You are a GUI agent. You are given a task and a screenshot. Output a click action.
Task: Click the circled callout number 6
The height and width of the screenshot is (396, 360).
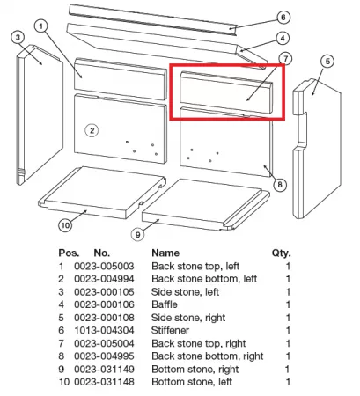tap(283, 18)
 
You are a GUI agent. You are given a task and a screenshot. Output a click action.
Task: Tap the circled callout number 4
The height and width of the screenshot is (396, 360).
tap(283, 38)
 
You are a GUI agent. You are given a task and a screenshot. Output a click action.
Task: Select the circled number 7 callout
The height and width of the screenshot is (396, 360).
tap(285, 59)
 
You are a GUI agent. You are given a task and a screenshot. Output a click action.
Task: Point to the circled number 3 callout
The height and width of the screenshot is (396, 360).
tap(18, 38)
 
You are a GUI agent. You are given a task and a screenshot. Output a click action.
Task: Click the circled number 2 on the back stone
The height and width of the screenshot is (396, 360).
tap(92, 130)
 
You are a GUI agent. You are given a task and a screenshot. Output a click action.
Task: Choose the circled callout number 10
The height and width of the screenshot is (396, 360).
tap(65, 225)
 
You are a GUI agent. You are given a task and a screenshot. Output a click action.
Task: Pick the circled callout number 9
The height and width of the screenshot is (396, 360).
tap(137, 234)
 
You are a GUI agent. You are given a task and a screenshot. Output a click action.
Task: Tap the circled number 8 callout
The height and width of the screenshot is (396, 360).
tap(280, 185)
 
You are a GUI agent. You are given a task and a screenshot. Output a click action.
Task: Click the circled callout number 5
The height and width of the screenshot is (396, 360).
tap(327, 62)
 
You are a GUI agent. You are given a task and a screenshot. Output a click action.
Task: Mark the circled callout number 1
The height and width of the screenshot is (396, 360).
tap(41, 26)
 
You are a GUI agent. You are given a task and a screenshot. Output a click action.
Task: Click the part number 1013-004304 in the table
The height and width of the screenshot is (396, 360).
tap(104, 330)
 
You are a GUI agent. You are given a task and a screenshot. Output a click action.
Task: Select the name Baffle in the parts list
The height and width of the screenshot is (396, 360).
tap(165, 304)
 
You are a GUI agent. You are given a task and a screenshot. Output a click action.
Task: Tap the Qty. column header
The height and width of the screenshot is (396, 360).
tap(281, 253)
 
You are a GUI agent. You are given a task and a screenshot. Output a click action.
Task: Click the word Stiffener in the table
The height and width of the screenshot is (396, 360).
tap(170, 330)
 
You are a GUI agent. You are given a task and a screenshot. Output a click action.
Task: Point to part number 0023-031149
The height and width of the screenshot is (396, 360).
tap(104, 369)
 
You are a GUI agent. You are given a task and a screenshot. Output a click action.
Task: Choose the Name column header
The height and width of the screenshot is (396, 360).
tap(165, 253)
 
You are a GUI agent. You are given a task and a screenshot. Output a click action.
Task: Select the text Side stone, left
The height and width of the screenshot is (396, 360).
tap(185, 292)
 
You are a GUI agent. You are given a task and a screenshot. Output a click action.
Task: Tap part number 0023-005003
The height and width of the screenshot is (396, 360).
tap(104, 266)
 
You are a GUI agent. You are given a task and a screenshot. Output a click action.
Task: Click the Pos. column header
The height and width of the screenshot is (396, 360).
tap(69, 253)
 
